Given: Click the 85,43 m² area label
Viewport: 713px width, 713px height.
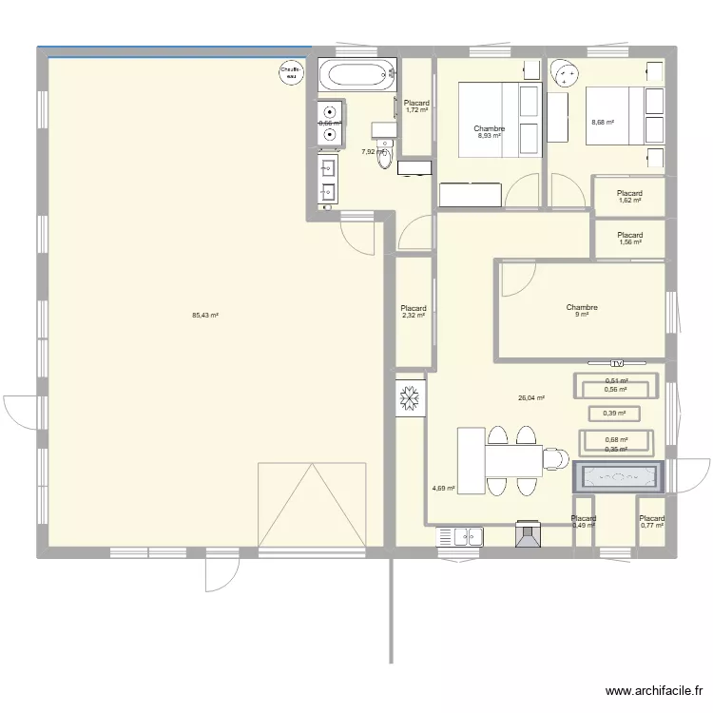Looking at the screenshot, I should click(205, 316).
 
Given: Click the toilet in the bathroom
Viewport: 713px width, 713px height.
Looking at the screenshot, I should click(384, 157).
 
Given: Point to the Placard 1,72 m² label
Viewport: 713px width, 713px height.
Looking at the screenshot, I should click(416, 107).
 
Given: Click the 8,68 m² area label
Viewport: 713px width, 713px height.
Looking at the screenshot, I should click(603, 123).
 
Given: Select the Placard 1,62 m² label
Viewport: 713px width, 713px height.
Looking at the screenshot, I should click(629, 197).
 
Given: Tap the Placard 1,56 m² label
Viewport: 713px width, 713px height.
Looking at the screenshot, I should click(629, 239).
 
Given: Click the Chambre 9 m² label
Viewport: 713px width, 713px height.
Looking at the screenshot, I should click(581, 311).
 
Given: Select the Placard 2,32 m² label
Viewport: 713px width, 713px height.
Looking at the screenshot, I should click(414, 312).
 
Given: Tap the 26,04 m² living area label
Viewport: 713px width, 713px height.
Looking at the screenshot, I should click(530, 398).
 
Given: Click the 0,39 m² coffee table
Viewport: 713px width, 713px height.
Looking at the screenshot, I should click(615, 414).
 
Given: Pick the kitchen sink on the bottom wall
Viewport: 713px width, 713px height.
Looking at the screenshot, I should click(460, 537).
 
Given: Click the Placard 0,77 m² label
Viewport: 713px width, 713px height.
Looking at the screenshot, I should click(651, 522).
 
